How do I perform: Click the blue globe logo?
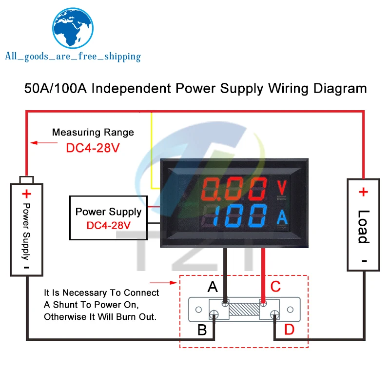coord(73,28)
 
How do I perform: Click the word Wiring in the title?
coord(288,89)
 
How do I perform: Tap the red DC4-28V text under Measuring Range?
coord(93,148)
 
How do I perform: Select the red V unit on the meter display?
coord(282,187)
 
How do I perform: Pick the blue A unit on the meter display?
coord(282,217)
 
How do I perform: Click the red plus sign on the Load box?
coord(363,192)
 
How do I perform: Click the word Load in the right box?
coord(364,227)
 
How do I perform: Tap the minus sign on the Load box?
coord(364,261)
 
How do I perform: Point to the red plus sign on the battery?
coord(27,194)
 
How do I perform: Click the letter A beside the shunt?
coord(213,287)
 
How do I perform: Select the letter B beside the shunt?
coord(202,330)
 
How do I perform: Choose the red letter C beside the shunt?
coord(275,287)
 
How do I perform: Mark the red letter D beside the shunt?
coord(289,330)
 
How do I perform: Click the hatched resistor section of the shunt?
coord(244,309)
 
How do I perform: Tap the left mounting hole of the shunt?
coord(198,310)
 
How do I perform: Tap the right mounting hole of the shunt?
coord(290,310)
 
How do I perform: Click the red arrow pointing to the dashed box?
coord(163,283)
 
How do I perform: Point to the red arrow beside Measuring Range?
coord(44,143)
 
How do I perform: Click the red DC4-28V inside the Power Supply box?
coord(108,226)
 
